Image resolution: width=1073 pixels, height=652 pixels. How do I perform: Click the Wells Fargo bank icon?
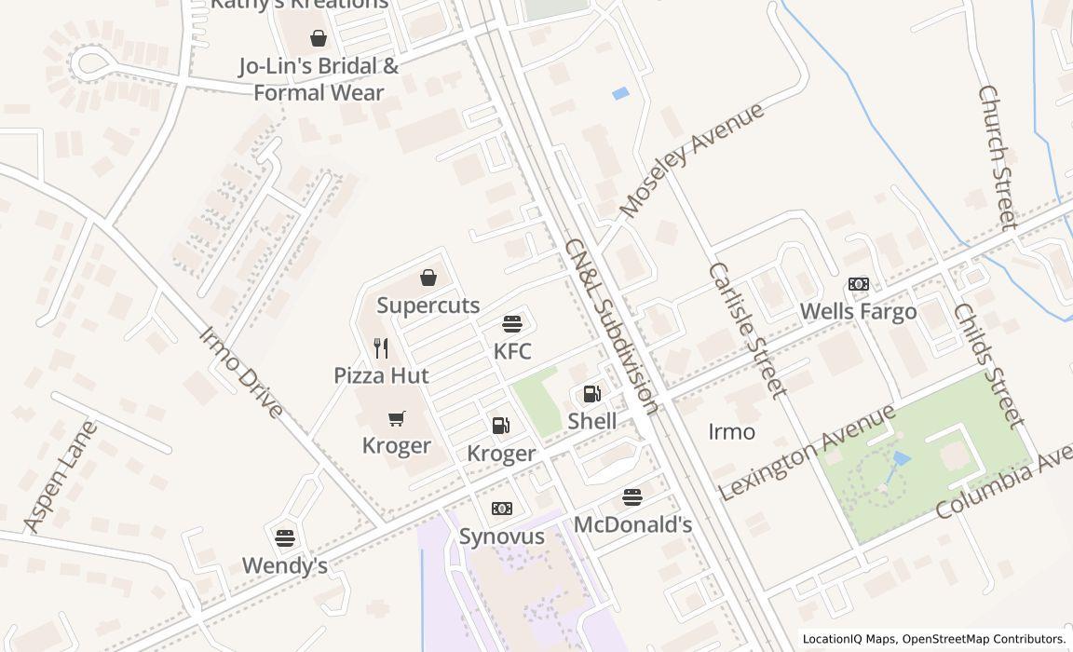click(x=859, y=284)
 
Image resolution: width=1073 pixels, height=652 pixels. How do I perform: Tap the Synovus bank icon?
click(x=502, y=509)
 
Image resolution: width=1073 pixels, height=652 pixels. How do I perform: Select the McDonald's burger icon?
click(x=632, y=497)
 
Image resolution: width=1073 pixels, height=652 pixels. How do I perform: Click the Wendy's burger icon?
click(x=285, y=537)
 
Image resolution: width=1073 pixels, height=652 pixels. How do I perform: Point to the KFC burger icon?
click(x=512, y=324)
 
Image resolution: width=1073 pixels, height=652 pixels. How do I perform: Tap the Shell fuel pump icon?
click(x=592, y=394)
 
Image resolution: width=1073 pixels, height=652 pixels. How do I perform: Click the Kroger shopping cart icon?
click(x=397, y=418)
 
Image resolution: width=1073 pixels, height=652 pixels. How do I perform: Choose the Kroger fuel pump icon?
click(x=501, y=426)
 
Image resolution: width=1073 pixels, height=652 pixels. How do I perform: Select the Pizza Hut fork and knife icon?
click(x=381, y=348)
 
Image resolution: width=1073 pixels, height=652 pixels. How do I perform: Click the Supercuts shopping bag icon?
click(x=428, y=278)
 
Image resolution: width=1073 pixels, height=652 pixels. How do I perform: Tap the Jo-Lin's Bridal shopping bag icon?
click(x=319, y=38)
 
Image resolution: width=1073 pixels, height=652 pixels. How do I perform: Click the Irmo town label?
click(x=732, y=432)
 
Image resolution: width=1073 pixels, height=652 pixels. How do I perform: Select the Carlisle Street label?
click(x=747, y=330)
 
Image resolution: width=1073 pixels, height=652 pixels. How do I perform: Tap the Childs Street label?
click(x=987, y=365)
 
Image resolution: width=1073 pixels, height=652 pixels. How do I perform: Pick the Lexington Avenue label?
click(x=807, y=453)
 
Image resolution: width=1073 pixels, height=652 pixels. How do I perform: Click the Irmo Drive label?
click(x=241, y=372)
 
